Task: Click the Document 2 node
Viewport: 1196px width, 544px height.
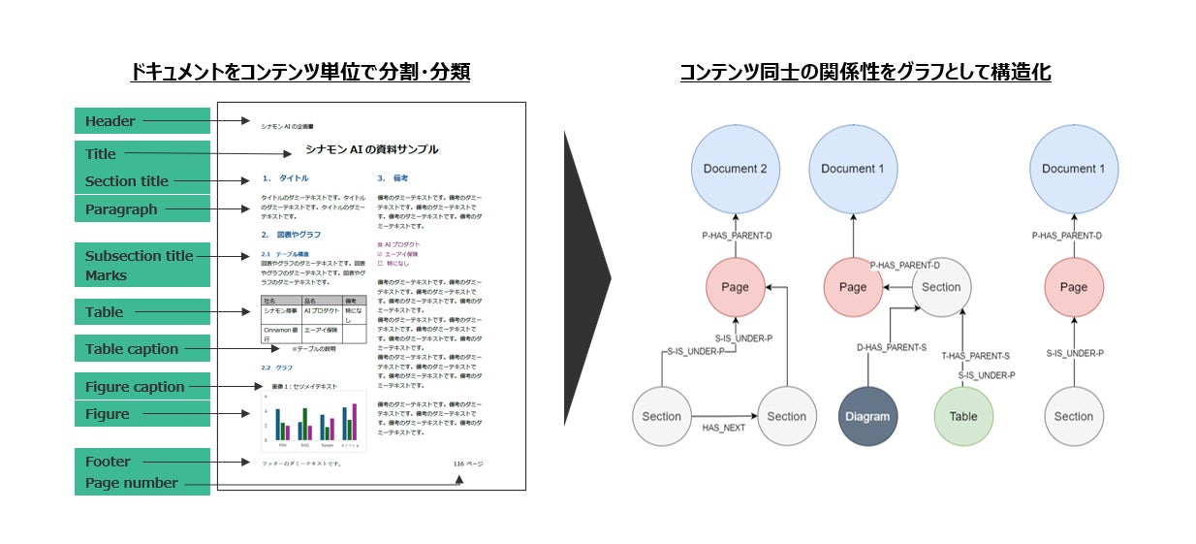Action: pyautogui.click(x=735, y=169)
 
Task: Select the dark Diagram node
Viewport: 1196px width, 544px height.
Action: pyautogui.click(x=867, y=416)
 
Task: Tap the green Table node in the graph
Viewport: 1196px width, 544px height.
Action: pyautogui.click(x=963, y=416)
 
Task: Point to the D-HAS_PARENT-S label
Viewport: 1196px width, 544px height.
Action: pyautogui.click(x=892, y=346)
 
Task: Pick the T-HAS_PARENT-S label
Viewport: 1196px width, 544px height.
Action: pyautogui.click(x=975, y=356)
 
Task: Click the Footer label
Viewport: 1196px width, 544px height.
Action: pyautogui.click(x=108, y=462)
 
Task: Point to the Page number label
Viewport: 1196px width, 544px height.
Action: pyautogui.click(x=132, y=483)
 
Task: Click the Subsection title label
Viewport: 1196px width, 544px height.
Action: pyautogui.click(x=140, y=256)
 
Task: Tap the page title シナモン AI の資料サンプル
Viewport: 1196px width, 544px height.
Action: pyautogui.click(x=371, y=149)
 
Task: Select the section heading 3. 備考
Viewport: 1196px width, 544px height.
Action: pyautogui.click(x=393, y=178)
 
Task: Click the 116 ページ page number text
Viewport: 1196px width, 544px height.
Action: pyautogui.click(x=467, y=464)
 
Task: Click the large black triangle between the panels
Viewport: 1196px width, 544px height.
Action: pyautogui.click(x=585, y=279)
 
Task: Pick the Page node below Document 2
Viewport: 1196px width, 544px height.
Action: pyautogui.click(x=735, y=287)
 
